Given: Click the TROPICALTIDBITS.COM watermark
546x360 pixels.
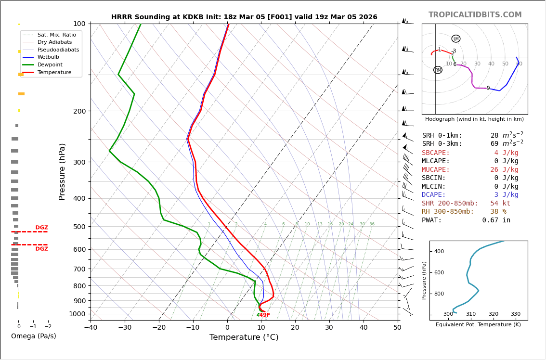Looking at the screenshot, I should coord(475,15).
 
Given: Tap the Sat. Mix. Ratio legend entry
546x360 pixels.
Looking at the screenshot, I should coord(56,35).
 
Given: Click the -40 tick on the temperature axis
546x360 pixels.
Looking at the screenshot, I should coord(91,328).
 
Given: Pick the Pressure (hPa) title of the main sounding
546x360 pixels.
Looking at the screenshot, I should coord(62,171).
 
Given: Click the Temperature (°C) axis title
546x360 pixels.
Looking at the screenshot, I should coord(244,337).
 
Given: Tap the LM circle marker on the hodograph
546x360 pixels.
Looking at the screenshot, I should coord(456,39).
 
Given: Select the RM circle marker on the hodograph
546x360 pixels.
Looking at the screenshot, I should coord(438,70).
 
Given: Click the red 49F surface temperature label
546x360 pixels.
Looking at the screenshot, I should coord(264,315).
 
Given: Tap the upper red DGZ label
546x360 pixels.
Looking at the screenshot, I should coord(41,228).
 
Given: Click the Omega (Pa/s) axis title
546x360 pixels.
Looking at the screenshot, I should coord(33,336).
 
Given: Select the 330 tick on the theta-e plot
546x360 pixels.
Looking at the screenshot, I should coord(515,314).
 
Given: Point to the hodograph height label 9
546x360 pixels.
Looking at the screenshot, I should coord(488,89).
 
